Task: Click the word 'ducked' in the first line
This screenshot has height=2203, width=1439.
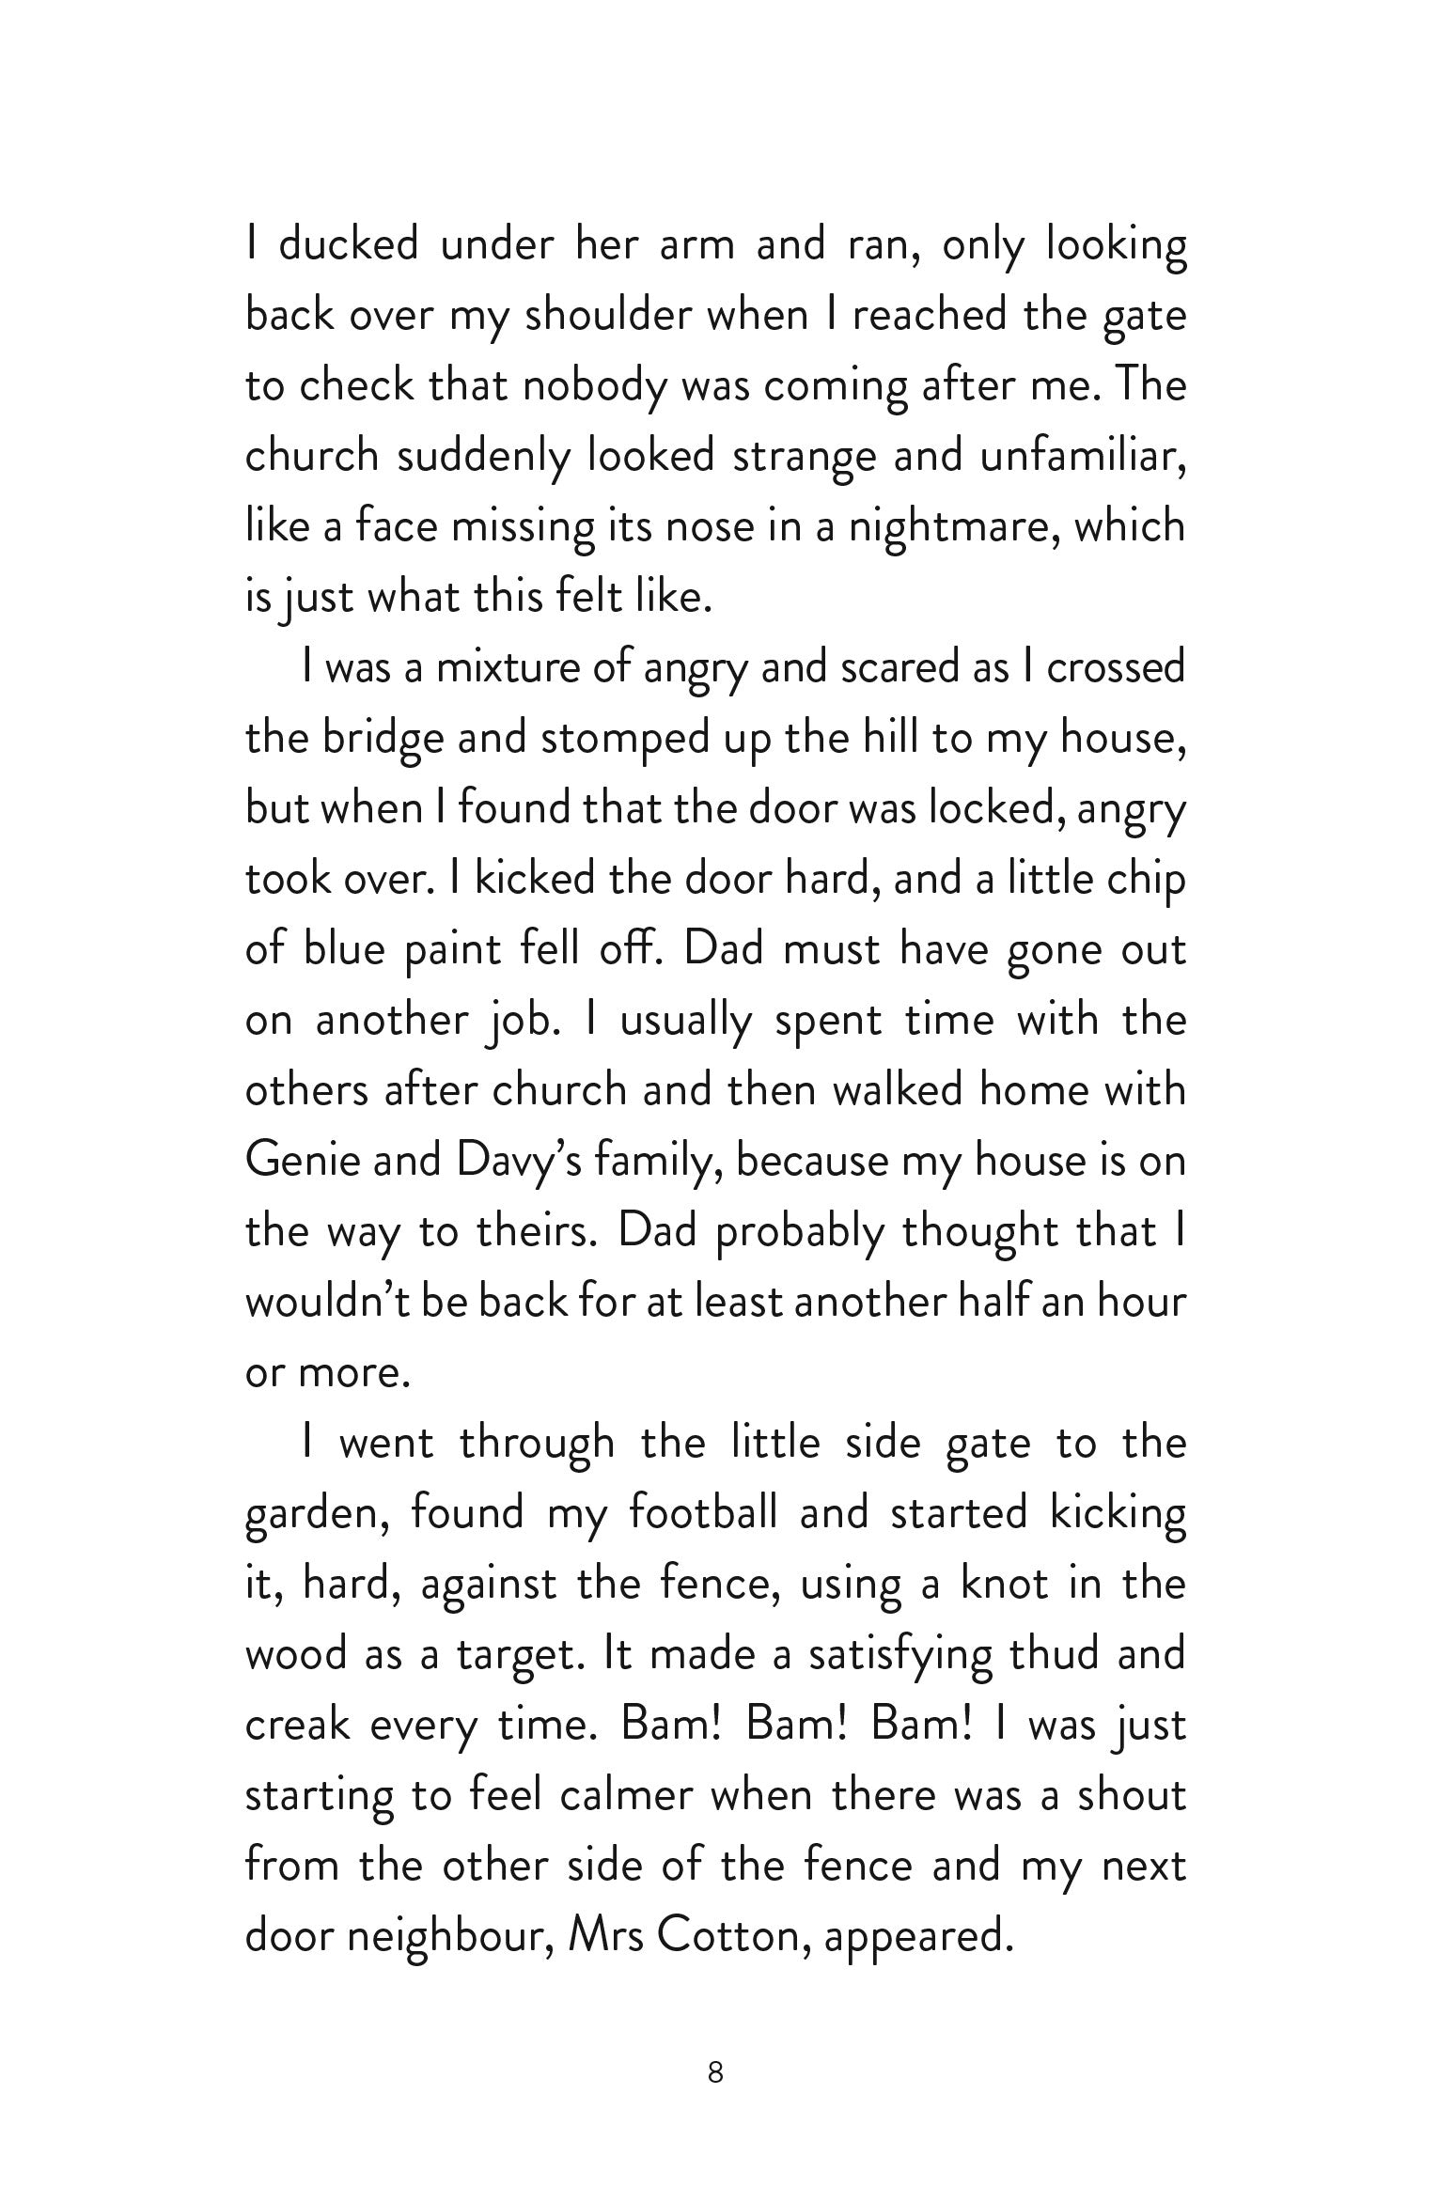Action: (349, 244)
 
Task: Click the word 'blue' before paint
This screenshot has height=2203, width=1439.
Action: (344, 950)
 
